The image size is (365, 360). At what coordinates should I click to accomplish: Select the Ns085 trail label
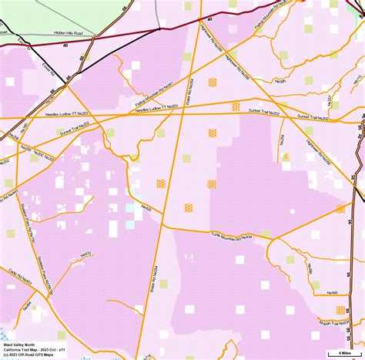(280, 80)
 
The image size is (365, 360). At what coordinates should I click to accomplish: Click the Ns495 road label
(332, 292)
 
